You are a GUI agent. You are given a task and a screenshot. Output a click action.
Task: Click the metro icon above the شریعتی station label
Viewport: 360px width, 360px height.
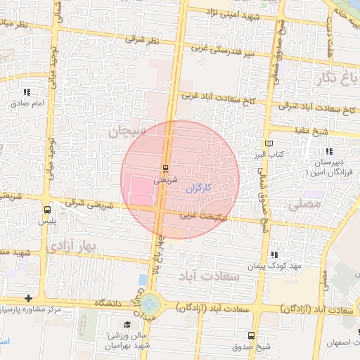click(166, 168)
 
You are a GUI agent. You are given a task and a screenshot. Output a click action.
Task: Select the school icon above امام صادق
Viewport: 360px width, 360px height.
click(27, 92)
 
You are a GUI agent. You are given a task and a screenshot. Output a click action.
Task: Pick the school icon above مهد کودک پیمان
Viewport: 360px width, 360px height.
click(274, 255)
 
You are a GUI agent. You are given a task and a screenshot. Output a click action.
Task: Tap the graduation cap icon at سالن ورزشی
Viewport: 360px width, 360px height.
click(127, 324)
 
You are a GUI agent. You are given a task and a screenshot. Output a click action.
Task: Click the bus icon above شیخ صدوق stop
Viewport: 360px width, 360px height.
click(252, 335)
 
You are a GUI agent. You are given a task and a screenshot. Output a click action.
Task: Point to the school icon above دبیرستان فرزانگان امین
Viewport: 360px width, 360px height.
click(328, 151)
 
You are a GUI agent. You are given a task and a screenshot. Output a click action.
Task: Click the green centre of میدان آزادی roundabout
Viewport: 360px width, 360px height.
click(150, 305)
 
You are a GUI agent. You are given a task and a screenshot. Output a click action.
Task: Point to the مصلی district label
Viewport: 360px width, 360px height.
click(304, 204)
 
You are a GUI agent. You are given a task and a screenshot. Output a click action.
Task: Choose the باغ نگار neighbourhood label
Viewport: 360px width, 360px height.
click(336, 77)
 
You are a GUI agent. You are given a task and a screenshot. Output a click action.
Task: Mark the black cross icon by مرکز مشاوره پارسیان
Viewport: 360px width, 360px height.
click(27, 299)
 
